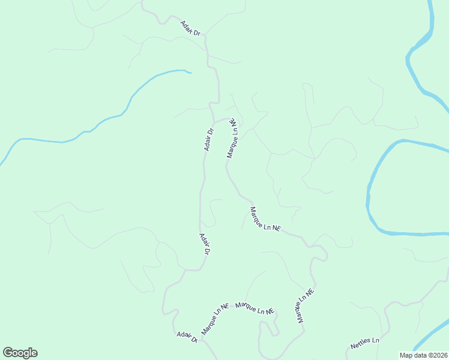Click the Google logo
coord(20,353)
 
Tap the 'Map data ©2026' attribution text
coord(423,355)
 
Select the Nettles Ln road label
coord(365,344)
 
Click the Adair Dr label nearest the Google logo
coord(187,338)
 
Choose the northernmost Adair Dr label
coord(190,28)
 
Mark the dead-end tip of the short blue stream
coord(190,73)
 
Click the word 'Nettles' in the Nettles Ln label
coord(361,345)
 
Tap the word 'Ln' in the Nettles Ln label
coord(375,341)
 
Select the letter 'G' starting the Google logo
coord(8,353)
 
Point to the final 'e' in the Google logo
coord(34,353)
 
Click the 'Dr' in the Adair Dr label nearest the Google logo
coord(194,340)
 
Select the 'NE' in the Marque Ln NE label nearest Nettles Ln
coord(309,294)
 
